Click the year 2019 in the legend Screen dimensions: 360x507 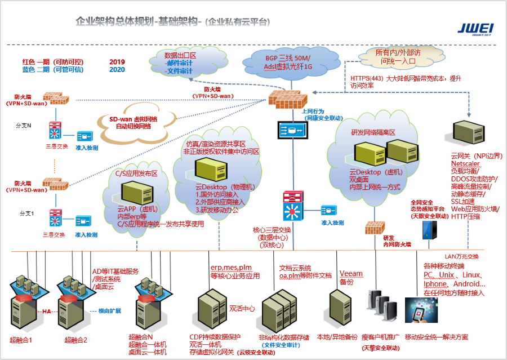(x=117, y=61)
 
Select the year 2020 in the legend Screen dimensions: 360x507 (x=117, y=69)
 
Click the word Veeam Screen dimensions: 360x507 (x=351, y=274)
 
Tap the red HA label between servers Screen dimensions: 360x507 (x=47, y=311)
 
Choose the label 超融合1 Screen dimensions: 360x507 (x=21, y=340)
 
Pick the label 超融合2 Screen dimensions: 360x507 (x=75, y=340)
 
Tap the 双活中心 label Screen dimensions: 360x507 (x=242, y=309)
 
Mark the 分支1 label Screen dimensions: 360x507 (x=28, y=214)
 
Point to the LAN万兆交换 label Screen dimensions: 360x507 (x=461, y=256)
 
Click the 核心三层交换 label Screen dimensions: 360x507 (x=272, y=230)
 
